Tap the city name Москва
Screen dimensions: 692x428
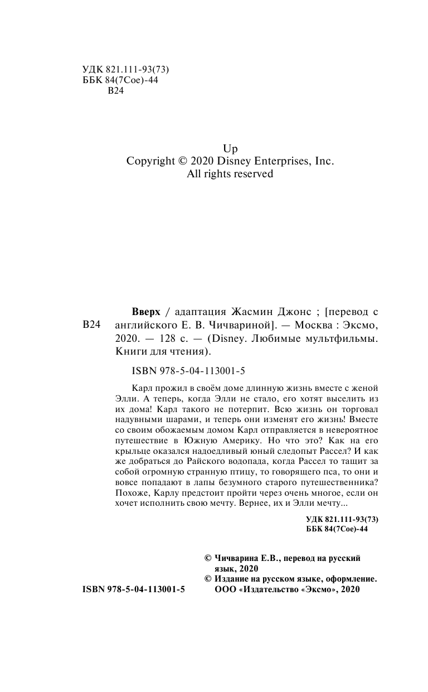309,325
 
